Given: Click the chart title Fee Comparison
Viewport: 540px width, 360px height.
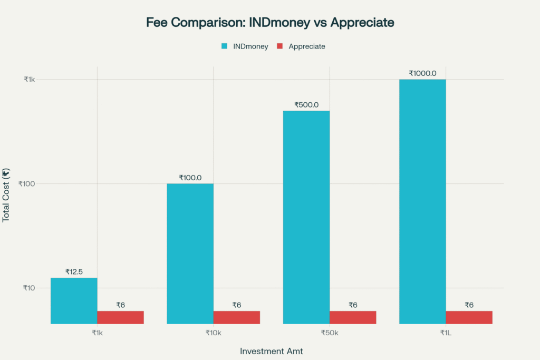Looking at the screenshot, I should pyautogui.click(x=270, y=23).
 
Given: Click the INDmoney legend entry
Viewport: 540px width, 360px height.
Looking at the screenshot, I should pyautogui.click(x=245, y=46).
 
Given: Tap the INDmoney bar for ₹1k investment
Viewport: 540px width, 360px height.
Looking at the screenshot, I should pyautogui.click(x=74, y=300).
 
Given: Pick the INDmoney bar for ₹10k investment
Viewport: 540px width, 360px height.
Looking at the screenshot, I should pyautogui.click(x=190, y=253).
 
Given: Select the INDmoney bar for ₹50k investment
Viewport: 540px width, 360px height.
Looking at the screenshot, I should pyautogui.click(x=306, y=217).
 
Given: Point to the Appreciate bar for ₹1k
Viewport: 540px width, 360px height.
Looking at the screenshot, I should pyautogui.click(x=120, y=317).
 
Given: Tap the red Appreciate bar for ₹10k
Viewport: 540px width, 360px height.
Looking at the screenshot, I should pyautogui.click(x=236, y=317).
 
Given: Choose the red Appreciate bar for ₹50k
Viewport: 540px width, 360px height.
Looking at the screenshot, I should pyautogui.click(x=353, y=317).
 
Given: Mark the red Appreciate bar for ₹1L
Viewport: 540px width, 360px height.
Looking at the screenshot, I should pyautogui.click(x=469, y=317).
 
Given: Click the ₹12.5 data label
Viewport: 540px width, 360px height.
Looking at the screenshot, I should pyautogui.click(x=74, y=272).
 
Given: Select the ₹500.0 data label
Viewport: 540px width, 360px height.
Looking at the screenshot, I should pyautogui.click(x=306, y=105).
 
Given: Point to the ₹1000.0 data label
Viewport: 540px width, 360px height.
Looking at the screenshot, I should pyautogui.click(x=422, y=73).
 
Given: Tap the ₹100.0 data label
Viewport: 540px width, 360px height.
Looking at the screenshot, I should pyautogui.click(x=190, y=178).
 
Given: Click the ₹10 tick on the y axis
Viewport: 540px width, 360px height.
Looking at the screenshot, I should pyautogui.click(x=28, y=288).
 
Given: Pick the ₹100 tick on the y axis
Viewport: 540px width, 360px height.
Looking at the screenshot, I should pyautogui.click(x=27, y=183).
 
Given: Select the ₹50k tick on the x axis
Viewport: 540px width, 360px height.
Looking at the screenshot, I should pyautogui.click(x=330, y=333).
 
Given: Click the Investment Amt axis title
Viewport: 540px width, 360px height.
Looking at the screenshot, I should pyautogui.click(x=271, y=351).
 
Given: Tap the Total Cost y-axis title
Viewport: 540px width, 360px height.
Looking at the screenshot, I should pyautogui.click(x=6, y=196).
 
